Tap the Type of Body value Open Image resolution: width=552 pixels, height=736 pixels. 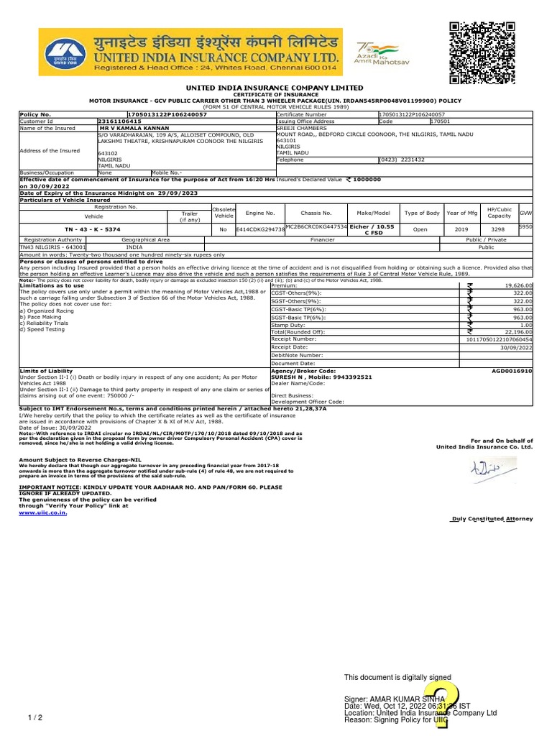pyautogui.click(x=420, y=229)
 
